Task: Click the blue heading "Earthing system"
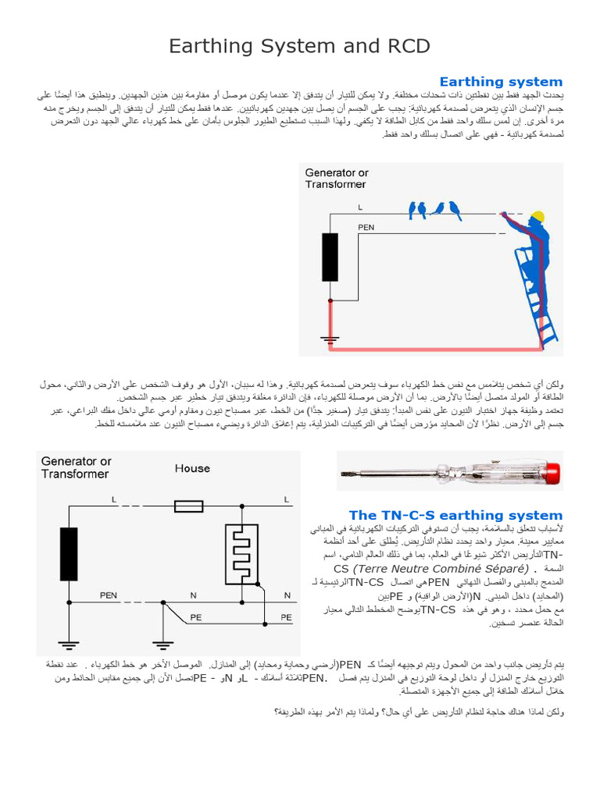[x=501, y=82]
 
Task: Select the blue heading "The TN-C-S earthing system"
[x=455, y=515]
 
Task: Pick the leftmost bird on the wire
[x=412, y=208]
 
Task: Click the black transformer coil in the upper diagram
[x=330, y=257]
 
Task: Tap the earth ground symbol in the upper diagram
[x=330, y=339]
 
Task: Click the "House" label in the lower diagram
[x=192, y=468]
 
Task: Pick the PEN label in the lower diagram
[x=108, y=595]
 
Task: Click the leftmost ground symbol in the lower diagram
[x=69, y=645]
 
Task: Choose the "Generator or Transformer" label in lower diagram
[x=76, y=467]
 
